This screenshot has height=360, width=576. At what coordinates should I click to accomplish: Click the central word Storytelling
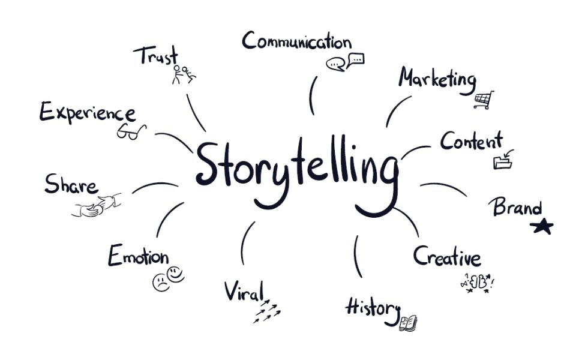[297, 171]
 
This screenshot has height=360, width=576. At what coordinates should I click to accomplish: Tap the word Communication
[296, 41]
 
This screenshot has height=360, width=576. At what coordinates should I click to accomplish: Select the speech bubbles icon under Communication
[345, 62]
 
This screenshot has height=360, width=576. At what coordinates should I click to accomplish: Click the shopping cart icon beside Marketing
[484, 100]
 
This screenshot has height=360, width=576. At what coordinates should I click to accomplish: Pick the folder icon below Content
[503, 160]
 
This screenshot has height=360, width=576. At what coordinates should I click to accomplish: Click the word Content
[471, 142]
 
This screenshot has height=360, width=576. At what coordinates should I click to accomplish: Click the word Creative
[447, 256]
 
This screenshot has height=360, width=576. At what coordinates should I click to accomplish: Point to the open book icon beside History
[408, 323]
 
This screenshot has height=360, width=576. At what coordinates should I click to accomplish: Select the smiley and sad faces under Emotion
[169, 278]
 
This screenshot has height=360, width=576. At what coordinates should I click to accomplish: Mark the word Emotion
[138, 256]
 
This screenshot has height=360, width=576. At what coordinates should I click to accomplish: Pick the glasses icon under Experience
[131, 131]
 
